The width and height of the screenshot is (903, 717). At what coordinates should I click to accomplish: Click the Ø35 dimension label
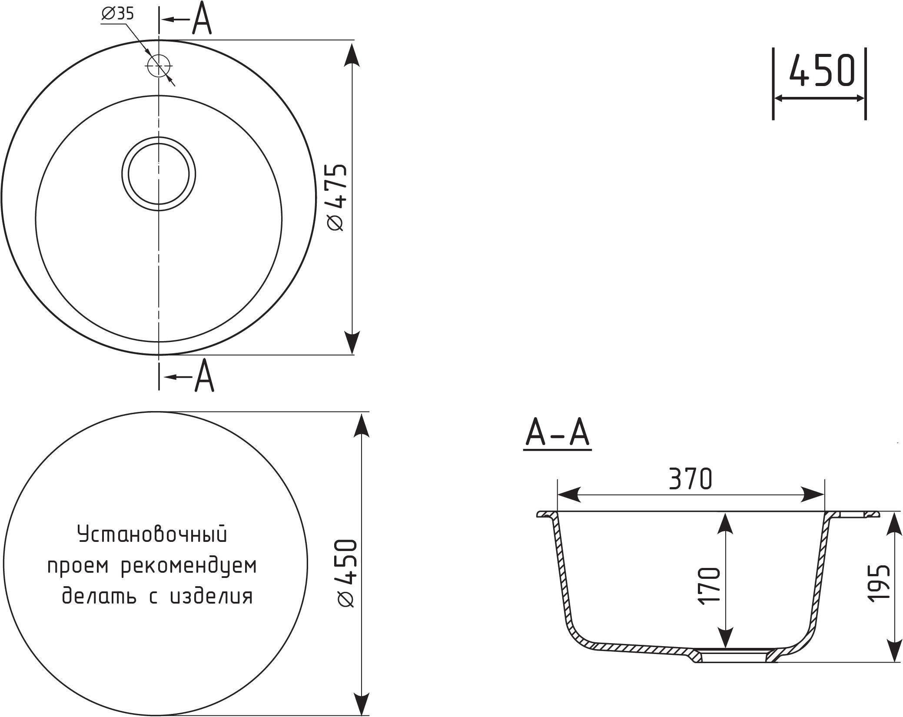pyautogui.click(x=117, y=14)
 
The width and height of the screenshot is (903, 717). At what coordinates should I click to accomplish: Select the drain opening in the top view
pyautogui.click(x=159, y=174)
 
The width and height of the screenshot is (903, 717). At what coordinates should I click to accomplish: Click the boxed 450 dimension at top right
pyautogui.click(x=821, y=71)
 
